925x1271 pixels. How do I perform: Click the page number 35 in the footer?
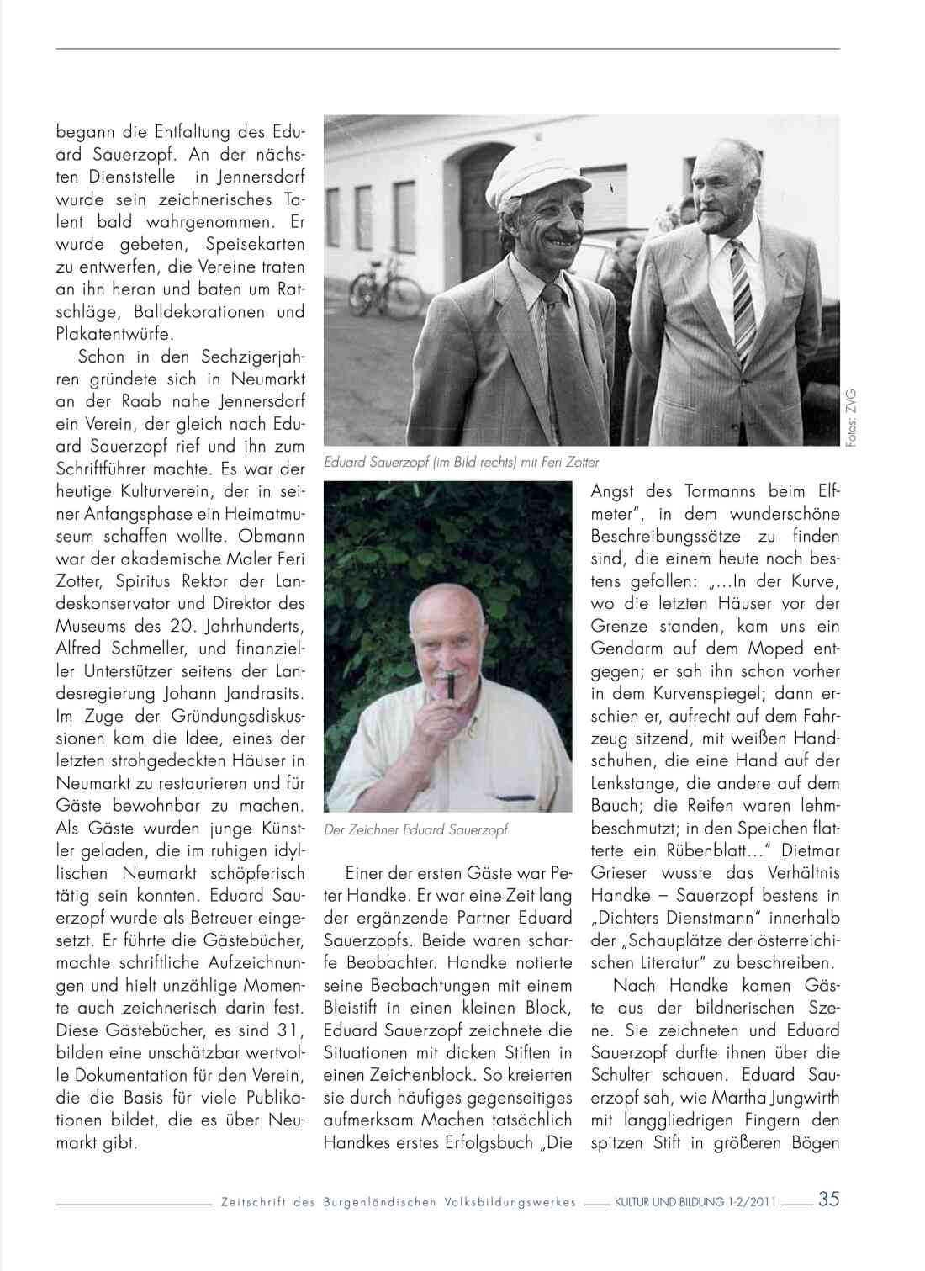point(828,1200)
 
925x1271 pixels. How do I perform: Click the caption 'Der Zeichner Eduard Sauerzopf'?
point(415,829)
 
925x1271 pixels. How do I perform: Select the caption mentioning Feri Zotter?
point(461,462)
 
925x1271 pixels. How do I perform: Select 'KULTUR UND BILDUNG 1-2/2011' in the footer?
point(695,1202)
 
